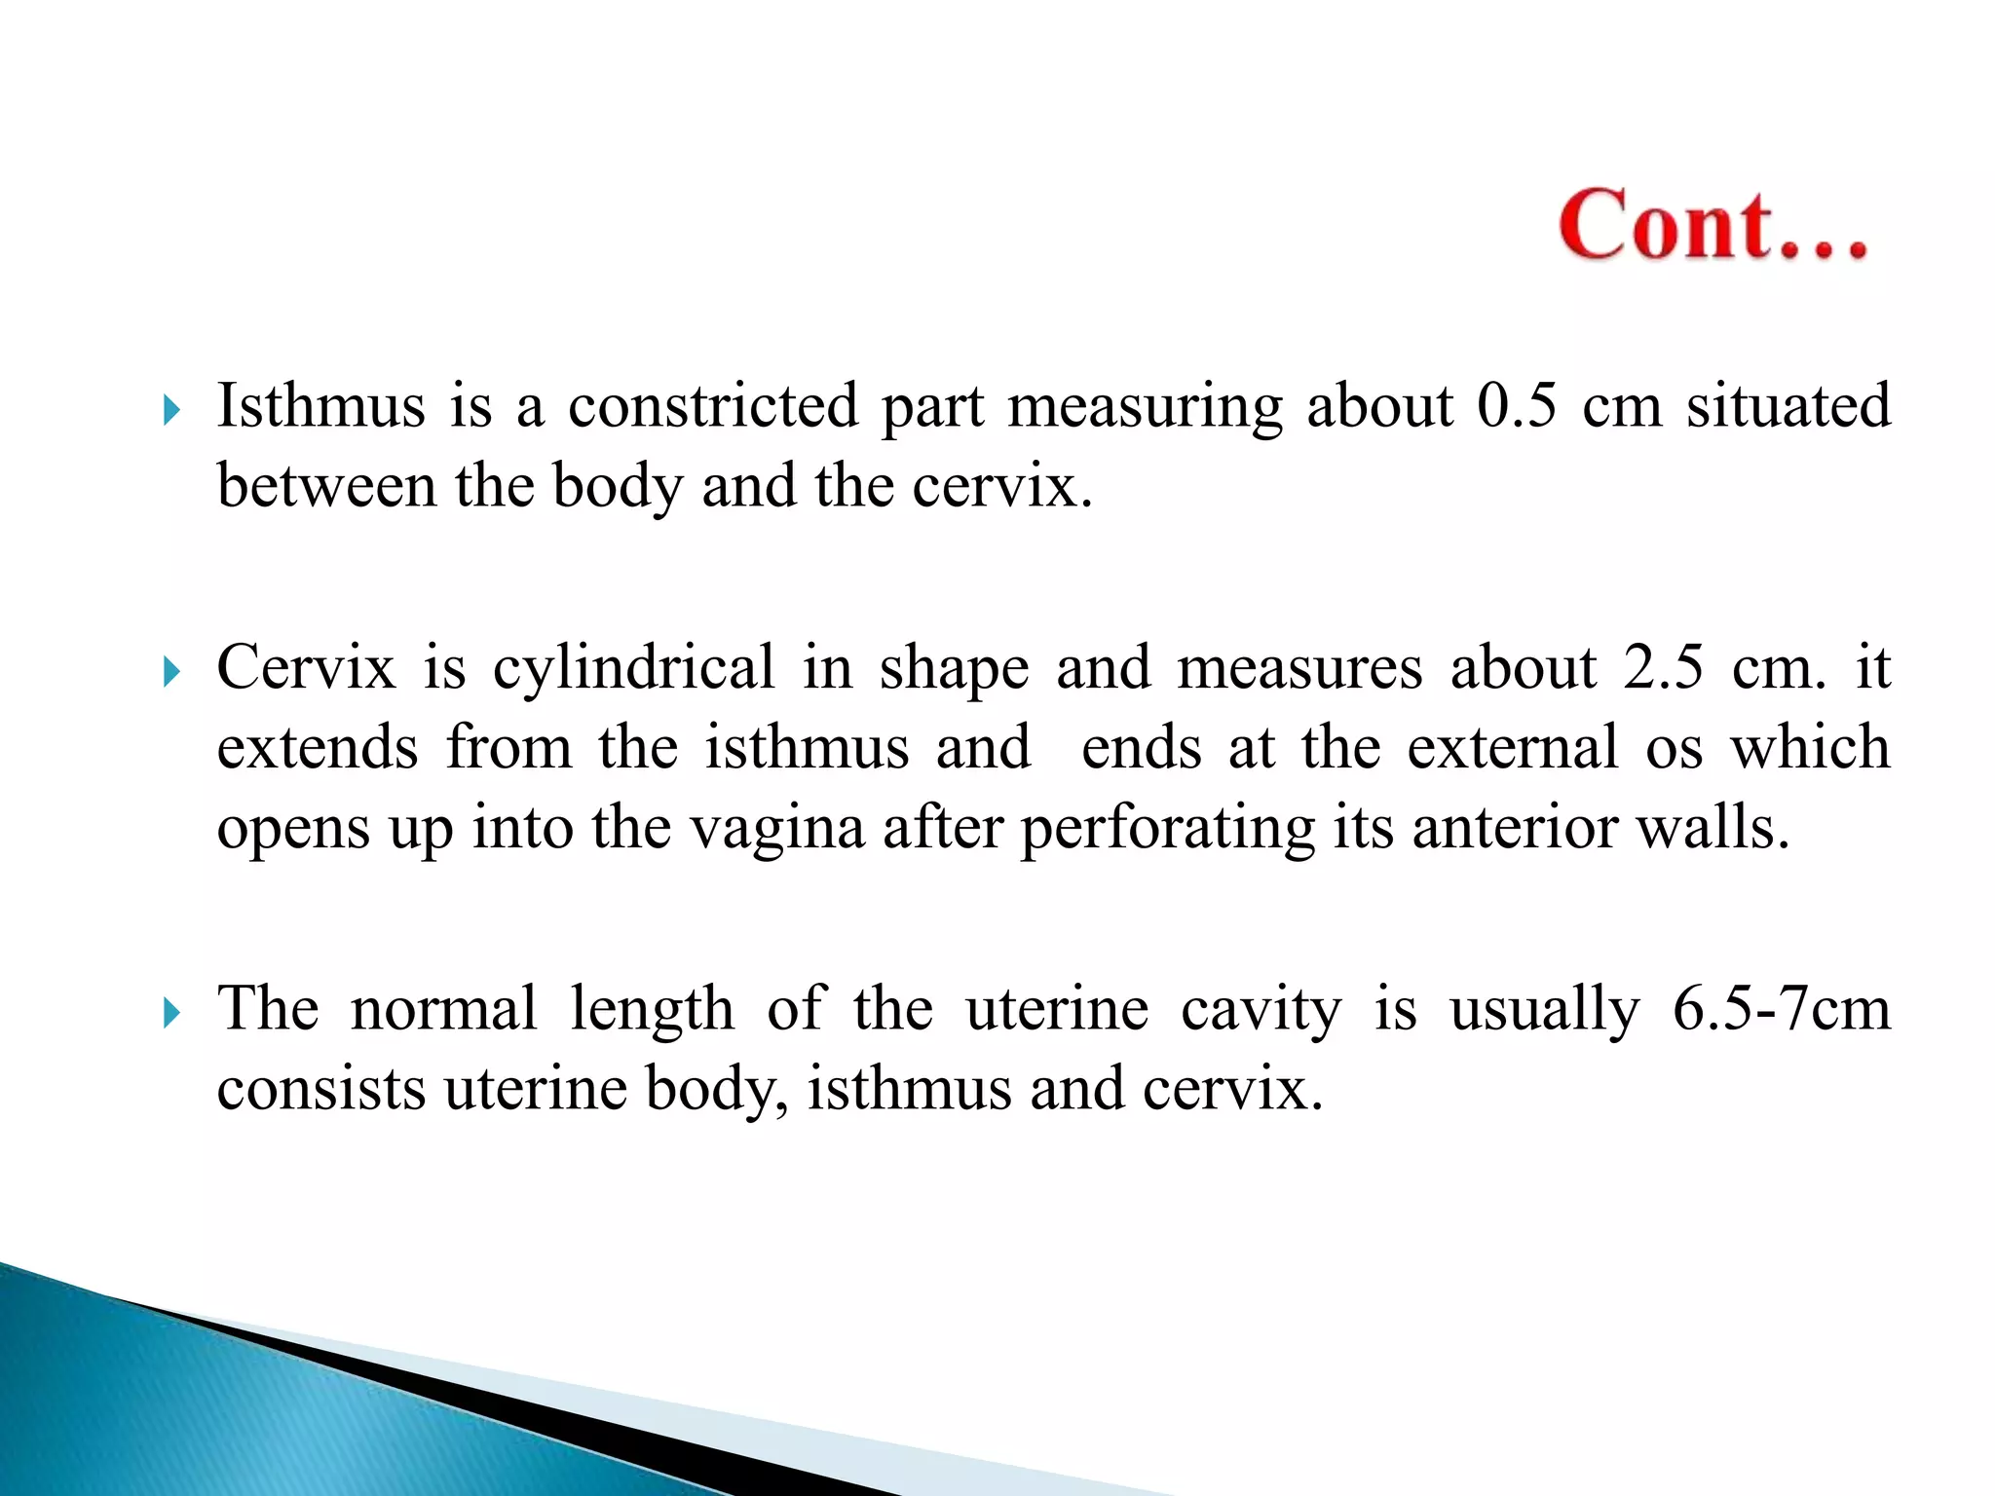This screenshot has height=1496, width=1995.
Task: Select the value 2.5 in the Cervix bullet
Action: point(1663,667)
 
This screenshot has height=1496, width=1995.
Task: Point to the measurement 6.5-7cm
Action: point(1781,1008)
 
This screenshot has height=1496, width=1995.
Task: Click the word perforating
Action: point(1167,828)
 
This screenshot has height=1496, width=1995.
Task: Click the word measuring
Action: point(1145,406)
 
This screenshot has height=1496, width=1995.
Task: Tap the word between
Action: point(326,485)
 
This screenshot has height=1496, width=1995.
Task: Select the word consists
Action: point(320,1089)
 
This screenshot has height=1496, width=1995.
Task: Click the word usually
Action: point(1545,1010)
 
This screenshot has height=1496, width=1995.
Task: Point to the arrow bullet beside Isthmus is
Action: point(172,410)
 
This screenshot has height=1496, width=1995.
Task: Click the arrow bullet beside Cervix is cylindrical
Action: point(172,672)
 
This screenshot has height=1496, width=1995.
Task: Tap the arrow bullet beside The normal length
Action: point(172,1014)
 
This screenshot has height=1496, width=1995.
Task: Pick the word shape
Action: point(954,669)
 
